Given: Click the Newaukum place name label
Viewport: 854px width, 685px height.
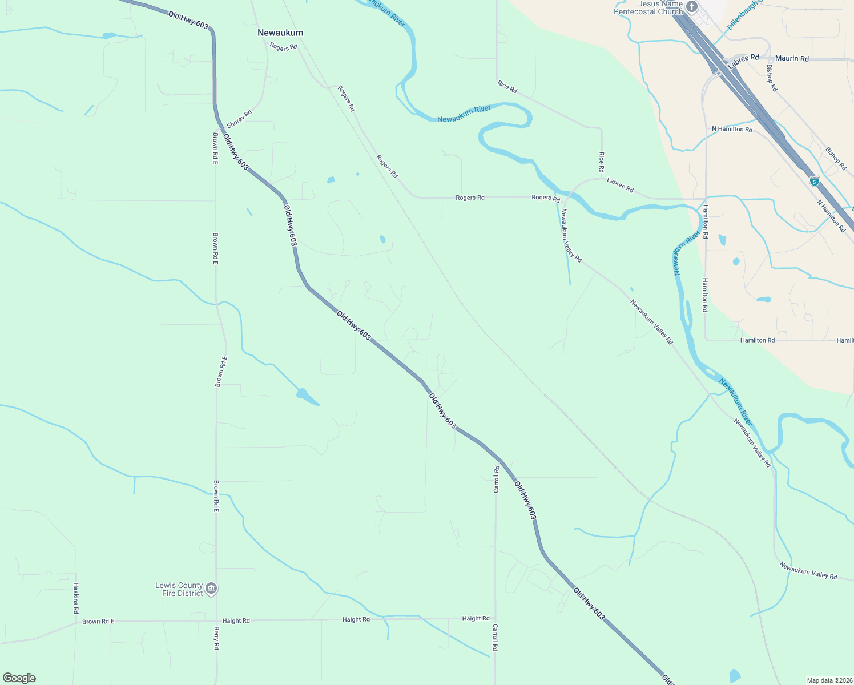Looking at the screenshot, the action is click(x=280, y=33).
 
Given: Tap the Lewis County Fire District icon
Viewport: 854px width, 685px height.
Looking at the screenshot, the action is click(x=211, y=589).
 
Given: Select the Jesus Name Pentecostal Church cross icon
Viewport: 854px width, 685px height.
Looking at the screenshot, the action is click(x=692, y=7).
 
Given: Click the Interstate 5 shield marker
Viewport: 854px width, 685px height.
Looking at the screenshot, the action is click(x=815, y=181).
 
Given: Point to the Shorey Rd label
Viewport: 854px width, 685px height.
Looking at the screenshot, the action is click(x=239, y=119).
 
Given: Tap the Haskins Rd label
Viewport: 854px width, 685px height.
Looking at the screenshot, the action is click(x=76, y=598).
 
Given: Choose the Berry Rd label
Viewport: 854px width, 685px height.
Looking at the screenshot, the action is click(x=216, y=638).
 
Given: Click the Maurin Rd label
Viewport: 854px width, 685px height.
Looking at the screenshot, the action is click(x=792, y=58).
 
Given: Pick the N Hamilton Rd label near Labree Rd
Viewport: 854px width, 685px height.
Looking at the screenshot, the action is click(x=732, y=129).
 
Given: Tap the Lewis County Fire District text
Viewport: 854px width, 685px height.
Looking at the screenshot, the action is click(x=179, y=589).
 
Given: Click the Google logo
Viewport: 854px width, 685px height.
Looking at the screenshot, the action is click(x=19, y=678).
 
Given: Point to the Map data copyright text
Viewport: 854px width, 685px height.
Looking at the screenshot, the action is click(x=829, y=680).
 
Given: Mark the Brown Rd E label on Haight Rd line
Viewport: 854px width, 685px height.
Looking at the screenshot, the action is click(x=98, y=622).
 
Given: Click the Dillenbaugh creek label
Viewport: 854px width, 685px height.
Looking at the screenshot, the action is click(x=743, y=16).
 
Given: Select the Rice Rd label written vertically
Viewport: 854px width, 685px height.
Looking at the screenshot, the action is click(x=602, y=162).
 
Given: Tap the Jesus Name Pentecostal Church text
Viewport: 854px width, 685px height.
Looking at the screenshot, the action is click(x=648, y=7).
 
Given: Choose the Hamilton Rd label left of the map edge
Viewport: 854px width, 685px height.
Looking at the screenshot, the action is click(x=757, y=340).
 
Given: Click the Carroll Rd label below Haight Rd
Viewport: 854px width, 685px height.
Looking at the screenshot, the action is click(x=496, y=637).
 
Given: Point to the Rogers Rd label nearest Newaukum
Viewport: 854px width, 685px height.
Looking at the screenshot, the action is click(x=284, y=47).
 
